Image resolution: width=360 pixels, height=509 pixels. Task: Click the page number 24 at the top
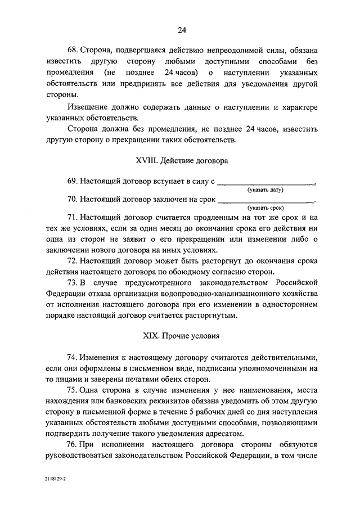coord(181,30)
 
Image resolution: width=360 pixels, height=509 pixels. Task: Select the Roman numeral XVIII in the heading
coord(146,160)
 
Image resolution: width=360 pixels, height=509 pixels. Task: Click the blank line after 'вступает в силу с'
coord(265,182)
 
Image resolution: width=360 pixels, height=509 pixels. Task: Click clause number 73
coord(73,282)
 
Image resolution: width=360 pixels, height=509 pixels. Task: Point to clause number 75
coord(73,390)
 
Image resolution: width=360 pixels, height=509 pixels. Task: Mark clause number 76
coord(73,444)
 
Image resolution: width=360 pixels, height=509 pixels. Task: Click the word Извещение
coord(87,107)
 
